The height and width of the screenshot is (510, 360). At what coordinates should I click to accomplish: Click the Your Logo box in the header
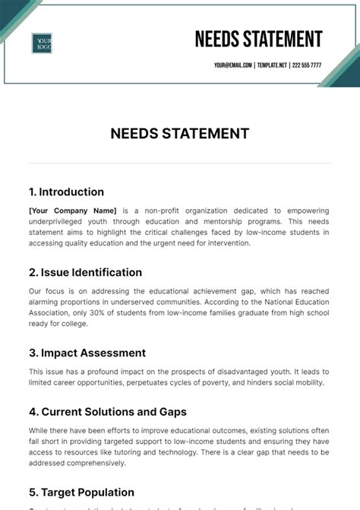click(x=42, y=43)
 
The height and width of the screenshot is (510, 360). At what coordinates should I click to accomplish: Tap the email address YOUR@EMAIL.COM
click(x=232, y=65)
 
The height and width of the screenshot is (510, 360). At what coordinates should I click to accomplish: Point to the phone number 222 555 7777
click(x=308, y=65)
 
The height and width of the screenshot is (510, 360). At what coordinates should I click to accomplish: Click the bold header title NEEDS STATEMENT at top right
click(x=258, y=39)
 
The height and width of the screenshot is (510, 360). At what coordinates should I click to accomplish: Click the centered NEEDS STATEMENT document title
click(x=179, y=134)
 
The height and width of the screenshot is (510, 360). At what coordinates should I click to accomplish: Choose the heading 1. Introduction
click(x=66, y=192)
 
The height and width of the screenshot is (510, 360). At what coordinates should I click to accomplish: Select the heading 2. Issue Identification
click(x=85, y=272)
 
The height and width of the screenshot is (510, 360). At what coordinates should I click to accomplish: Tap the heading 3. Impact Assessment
click(x=87, y=353)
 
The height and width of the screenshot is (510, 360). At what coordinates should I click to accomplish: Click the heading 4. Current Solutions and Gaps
click(x=108, y=412)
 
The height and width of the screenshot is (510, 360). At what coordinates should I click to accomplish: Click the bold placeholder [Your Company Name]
click(x=72, y=211)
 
